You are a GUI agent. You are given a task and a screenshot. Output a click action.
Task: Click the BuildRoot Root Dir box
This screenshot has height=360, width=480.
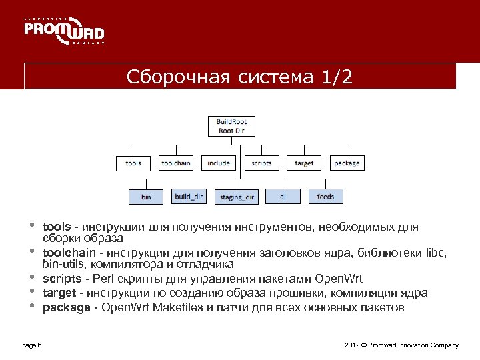pyautogui.click(x=231, y=126)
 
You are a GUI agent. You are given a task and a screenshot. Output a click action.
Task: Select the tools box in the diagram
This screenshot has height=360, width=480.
pyautogui.click(x=133, y=163)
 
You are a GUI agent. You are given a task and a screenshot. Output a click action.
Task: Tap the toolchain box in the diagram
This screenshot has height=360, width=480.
pyautogui.click(x=175, y=163)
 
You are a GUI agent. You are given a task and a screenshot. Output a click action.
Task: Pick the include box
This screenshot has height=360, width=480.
pyautogui.click(x=219, y=163)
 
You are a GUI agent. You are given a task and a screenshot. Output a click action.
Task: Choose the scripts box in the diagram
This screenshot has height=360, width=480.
pyautogui.click(x=261, y=163)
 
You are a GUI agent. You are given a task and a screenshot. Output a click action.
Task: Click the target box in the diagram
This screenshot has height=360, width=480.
pyautogui.click(x=304, y=163)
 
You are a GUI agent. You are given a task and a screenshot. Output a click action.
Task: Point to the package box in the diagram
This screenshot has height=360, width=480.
pyautogui.click(x=347, y=163)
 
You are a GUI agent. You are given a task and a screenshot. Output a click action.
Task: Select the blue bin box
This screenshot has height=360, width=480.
pyautogui.click(x=146, y=197)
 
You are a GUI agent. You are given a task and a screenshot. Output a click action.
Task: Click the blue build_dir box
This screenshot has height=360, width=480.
pyautogui.click(x=189, y=196)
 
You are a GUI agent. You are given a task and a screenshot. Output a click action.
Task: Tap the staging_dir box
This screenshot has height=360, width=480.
pyautogui.click(x=237, y=197)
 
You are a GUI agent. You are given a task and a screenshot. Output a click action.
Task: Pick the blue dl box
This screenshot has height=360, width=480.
pyautogui.click(x=283, y=196)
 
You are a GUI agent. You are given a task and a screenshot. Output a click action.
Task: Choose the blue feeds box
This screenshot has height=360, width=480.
pyautogui.click(x=326, y=196)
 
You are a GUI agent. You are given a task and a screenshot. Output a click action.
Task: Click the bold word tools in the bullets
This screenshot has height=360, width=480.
pyautogui.click(x=56, y=227)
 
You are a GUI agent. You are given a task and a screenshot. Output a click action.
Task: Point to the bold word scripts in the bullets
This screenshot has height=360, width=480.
pyautogui.click(x=61, y=279)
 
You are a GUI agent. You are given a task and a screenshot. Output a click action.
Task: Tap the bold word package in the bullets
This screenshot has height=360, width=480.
pyautogui.click(x=66, y=307)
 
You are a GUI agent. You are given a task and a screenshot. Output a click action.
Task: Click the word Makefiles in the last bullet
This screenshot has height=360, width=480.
pyautogui.click(x=177, y=307)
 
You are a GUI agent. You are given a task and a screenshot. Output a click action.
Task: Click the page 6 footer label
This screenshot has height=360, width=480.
pyautogui.click(x=32, y=345)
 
